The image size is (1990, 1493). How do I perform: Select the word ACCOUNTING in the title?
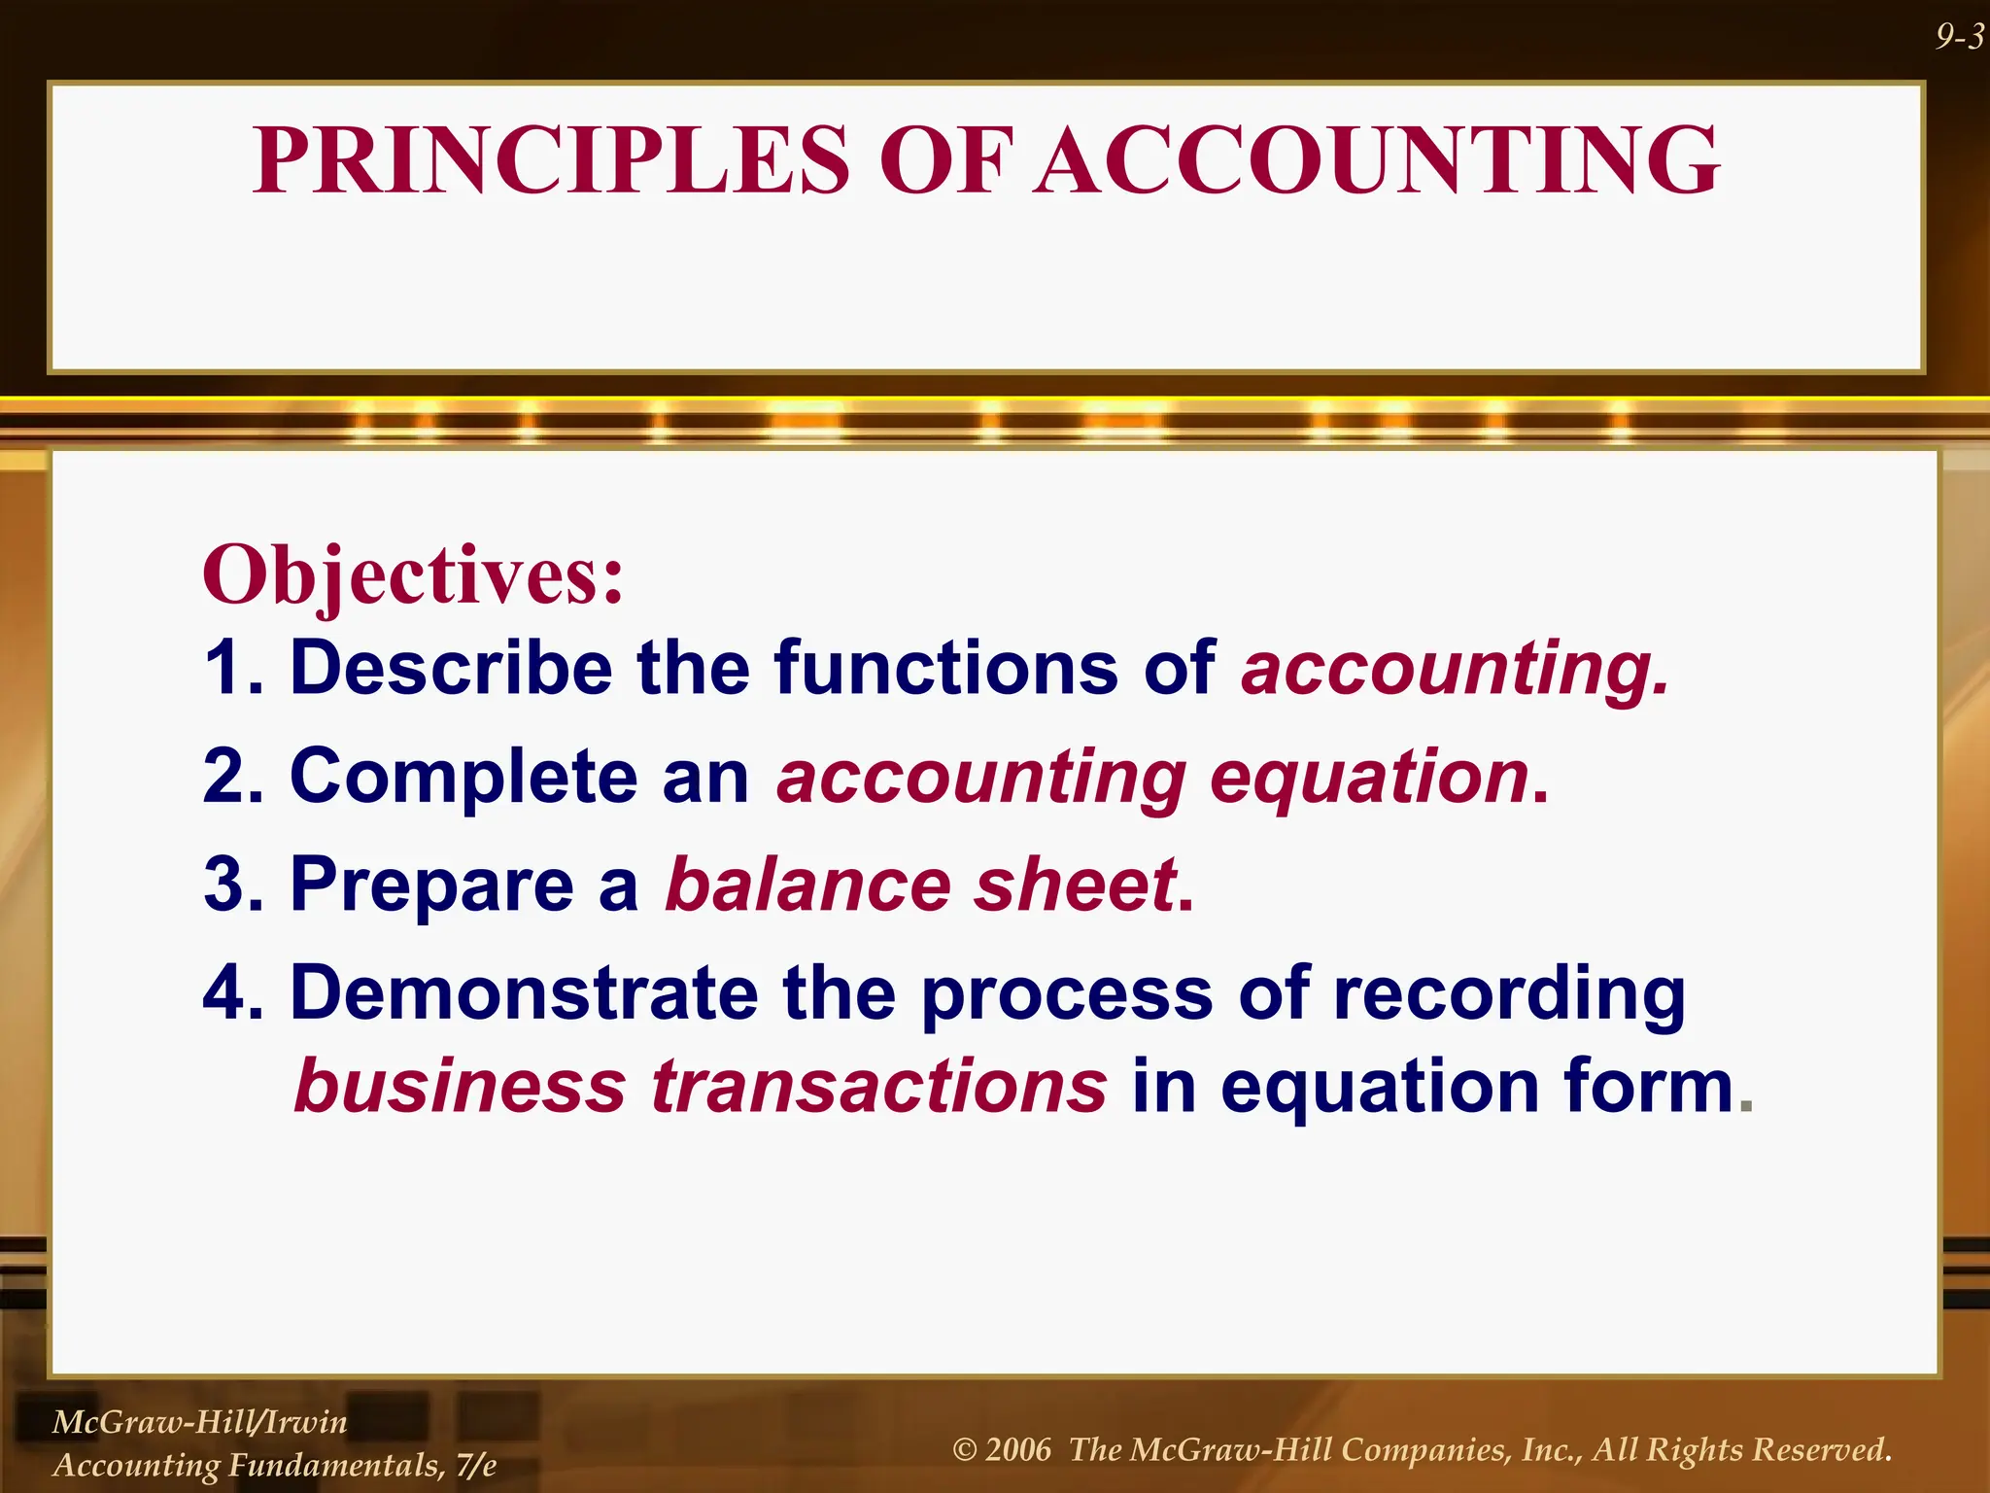coord(1376,160)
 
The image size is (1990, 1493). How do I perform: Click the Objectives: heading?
coord(413,575)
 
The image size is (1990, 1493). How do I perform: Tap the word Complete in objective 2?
coord(463,777)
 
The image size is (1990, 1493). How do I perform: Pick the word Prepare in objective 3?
coord(432,885)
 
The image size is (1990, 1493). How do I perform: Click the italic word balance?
coord(807,885)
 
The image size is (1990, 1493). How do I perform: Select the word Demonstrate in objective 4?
coord(524,993)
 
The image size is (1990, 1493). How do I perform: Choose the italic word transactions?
coord(878,1086)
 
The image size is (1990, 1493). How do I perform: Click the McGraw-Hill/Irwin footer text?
coord(199,1422)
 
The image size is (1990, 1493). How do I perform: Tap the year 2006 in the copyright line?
coord(1017,1450)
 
